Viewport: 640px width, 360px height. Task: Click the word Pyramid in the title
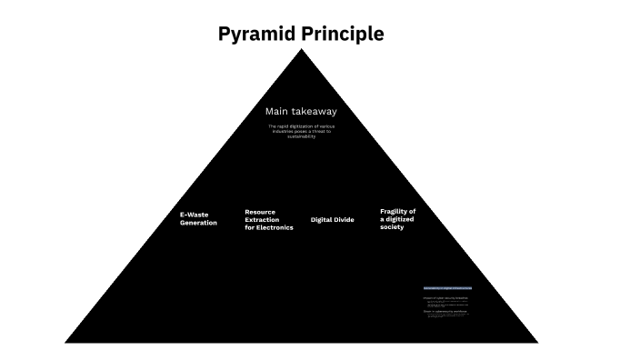(254, 35)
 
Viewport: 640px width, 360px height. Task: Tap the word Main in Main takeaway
(277, 111)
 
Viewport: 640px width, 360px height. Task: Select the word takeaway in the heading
(314, 111)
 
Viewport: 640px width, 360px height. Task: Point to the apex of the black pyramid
(302, 49)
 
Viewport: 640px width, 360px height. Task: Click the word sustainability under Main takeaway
(301, 136)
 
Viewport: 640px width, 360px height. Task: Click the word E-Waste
(195, 215)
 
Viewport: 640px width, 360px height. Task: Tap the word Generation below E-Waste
(198, 223)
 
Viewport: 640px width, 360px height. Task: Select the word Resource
(260, 212)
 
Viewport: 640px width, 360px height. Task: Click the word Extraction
(263, 220)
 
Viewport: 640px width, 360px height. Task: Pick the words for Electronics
(269, 228)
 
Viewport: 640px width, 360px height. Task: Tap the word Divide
(345, 220)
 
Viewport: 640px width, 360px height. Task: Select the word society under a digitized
(392, 227)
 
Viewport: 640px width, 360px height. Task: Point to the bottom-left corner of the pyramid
(65, 343)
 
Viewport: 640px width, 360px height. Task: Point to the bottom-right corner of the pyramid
(538, 343)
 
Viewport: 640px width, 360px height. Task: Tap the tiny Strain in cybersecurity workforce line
(445, 311)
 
